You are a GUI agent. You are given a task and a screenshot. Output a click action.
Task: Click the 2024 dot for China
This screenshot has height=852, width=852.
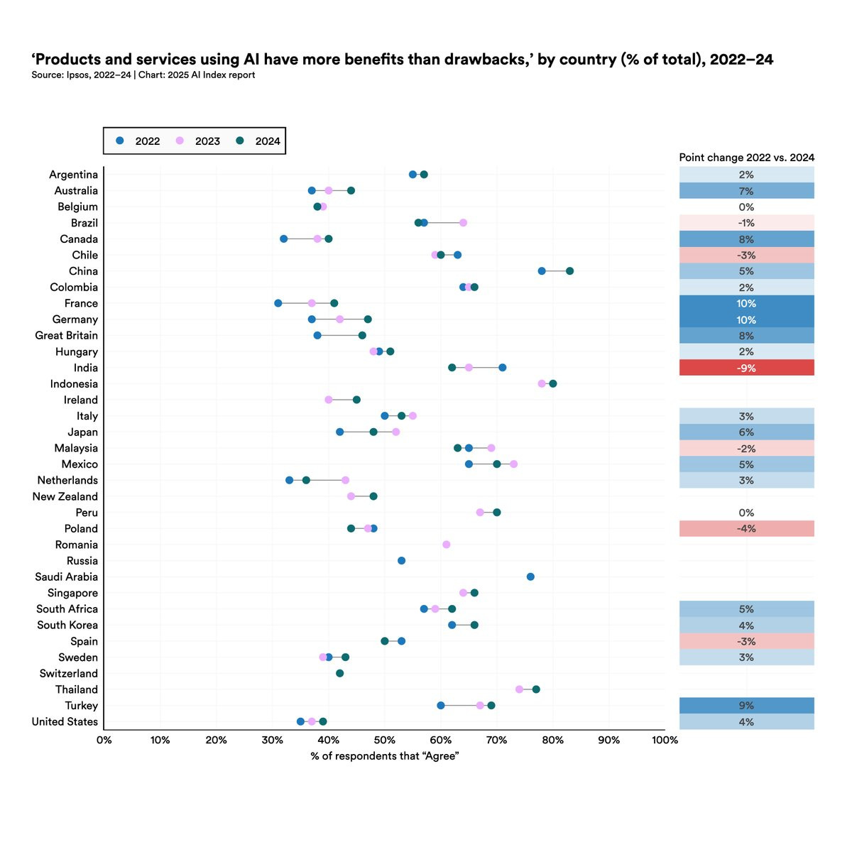(569, 271)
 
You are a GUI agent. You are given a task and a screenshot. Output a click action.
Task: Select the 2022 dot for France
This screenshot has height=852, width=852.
(278, 303)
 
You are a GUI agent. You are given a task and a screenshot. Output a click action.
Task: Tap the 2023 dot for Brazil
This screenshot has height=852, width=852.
(463, 223)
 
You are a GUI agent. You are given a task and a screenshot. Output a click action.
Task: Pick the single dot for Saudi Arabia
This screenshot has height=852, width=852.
(530, 577)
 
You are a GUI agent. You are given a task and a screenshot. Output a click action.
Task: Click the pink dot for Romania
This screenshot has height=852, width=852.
(446, 545)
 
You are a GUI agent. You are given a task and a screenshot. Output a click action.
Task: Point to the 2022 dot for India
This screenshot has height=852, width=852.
(502, 368)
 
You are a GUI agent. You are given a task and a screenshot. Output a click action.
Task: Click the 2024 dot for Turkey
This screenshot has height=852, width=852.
(491, 706)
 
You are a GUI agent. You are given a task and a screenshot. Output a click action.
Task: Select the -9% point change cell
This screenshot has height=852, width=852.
(746, 368)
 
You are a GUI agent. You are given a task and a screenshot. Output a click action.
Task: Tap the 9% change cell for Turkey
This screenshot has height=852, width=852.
(746, 706)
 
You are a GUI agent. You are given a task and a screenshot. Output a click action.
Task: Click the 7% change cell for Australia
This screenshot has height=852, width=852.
(746, 191)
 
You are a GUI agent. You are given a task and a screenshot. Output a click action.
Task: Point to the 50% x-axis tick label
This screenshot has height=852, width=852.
(384, 741)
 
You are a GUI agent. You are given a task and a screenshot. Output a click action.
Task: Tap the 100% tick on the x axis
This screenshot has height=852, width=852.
(665, 741)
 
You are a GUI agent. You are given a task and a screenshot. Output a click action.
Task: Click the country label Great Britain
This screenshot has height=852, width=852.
(67, 336)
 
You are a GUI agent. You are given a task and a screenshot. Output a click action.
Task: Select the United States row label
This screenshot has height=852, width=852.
(65, 722)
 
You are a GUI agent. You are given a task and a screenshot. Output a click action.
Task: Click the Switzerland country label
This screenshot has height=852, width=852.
(69, 674)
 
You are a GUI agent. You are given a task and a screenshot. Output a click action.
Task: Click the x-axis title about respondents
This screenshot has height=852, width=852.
(384, 756)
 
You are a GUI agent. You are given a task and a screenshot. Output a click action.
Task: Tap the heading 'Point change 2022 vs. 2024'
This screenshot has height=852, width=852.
(746, 158)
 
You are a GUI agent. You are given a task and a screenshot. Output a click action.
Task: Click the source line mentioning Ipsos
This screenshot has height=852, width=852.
(143, 75)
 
